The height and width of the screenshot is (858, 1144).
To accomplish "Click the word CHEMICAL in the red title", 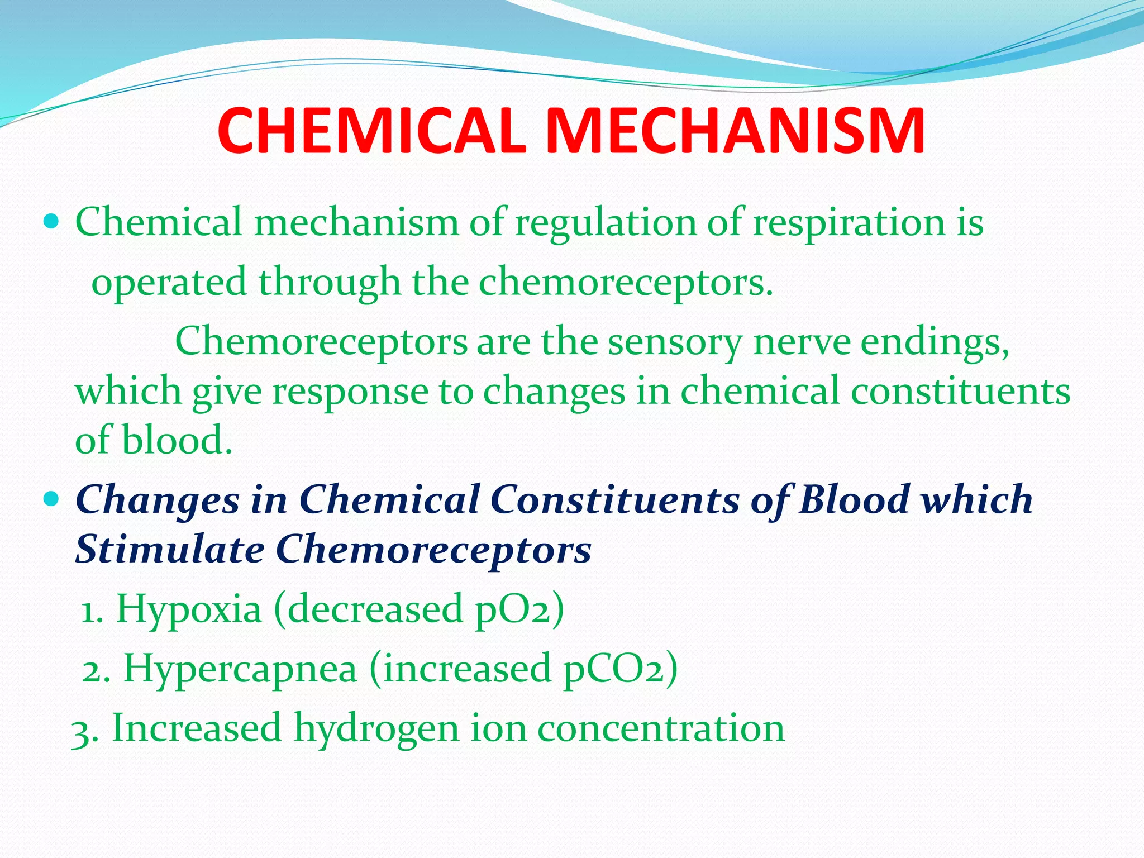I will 371,132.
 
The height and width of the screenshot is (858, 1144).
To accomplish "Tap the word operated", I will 169,283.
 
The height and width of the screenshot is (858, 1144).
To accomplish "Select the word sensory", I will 675,342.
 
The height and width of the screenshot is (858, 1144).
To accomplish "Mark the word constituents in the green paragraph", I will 960,391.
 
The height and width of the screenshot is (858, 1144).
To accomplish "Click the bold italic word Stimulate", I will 170,549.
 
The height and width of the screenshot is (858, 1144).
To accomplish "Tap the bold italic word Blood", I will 854,499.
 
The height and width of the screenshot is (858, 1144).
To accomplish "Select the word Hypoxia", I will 189,609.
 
